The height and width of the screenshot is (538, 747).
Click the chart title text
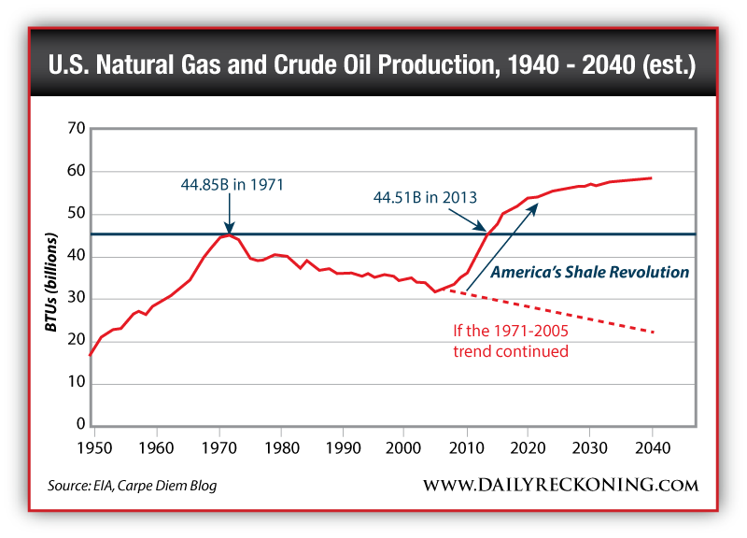(373, 67)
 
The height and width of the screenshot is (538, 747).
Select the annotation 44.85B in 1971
(232, 184)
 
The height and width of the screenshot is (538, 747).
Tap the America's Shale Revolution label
(590, 273)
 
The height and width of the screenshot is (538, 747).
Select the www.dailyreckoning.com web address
(560, 485)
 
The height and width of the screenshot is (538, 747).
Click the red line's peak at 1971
(229, 234)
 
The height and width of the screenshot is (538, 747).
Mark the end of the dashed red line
(654, 332)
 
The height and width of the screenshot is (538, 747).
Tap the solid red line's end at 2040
(652, 177)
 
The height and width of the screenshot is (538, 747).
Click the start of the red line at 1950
(90, 355)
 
